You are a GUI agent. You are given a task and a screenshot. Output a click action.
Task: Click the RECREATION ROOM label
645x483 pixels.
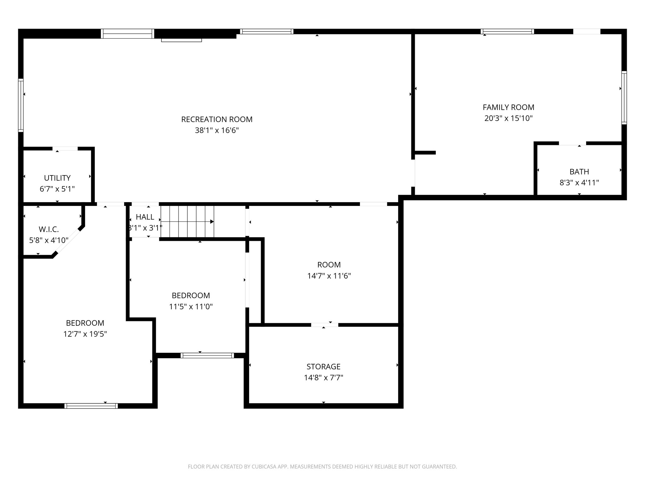point(217,119)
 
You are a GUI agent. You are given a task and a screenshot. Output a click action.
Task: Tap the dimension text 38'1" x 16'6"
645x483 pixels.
point(217,130)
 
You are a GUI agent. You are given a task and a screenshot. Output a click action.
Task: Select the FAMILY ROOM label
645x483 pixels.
point(508,107)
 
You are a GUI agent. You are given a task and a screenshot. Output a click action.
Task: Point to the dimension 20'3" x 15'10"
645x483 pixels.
point(508,119)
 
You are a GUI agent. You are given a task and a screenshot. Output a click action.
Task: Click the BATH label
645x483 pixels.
point(579,172)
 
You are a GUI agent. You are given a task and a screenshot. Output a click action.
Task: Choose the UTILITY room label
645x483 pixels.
point(57,178)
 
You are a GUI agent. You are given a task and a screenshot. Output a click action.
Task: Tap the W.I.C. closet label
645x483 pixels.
point(49,229)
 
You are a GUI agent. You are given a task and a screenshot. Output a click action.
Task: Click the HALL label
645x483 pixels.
point(145,217)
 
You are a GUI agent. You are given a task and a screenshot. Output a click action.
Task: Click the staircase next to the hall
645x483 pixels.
point(187,222)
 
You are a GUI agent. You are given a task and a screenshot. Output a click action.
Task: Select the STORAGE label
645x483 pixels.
point(323,367)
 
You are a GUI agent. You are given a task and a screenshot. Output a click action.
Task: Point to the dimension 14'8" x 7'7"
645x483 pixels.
point(323,378)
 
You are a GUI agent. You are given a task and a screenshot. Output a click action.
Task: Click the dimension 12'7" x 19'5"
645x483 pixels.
point(85,334)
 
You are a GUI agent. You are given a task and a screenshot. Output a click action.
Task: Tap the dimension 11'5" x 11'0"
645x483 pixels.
point(191,307)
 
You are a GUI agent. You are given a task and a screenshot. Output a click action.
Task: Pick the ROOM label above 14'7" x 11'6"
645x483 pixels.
point(329,265)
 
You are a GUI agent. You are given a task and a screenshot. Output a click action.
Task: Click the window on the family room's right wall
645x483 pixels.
point(624,97)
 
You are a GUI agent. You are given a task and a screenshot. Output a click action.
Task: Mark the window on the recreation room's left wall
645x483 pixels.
point(21,105)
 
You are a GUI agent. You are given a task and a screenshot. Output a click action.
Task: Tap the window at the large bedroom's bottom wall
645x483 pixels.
point(91,406)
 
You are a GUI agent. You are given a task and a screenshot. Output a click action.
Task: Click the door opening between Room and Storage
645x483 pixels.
point(324,325)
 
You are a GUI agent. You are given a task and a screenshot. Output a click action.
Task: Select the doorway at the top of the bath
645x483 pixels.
point(572,143)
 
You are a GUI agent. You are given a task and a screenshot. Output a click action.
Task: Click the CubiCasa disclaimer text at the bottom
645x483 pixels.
point(322,467)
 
